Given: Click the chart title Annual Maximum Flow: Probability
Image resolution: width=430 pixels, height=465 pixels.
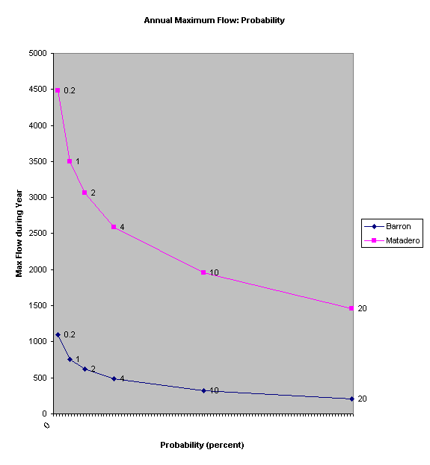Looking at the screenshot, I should [215, 20].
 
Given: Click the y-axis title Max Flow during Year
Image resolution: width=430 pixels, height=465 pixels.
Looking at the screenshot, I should [20, 233].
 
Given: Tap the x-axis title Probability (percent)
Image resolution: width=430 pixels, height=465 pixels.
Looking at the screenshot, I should [202, 445].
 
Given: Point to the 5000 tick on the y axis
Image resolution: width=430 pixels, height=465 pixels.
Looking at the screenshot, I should [36, 54].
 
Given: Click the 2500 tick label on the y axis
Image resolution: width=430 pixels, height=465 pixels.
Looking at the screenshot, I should [36, 234].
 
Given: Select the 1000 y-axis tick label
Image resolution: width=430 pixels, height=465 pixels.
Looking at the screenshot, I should [36, 342].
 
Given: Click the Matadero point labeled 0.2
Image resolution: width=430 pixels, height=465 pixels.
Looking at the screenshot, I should [58, 90].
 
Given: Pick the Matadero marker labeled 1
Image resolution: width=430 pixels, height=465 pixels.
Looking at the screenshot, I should [70, 161].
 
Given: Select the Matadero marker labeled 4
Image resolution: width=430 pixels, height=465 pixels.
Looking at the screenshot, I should [114, 227].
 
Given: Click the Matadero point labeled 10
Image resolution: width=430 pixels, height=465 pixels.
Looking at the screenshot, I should [203, 272].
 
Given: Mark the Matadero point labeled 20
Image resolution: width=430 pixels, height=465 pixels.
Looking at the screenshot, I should [351, 308].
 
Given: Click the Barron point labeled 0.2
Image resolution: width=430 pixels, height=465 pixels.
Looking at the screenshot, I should [58, 334].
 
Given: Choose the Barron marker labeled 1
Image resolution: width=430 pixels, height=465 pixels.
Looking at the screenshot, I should [70, 359].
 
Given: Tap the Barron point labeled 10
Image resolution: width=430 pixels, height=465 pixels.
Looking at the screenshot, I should [203, 390].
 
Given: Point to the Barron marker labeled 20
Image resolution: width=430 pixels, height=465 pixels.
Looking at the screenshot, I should [351, 399].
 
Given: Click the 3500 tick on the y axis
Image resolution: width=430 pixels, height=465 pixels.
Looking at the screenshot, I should [36, 161].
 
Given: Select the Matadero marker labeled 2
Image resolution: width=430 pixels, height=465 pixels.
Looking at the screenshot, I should [85, 193].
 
